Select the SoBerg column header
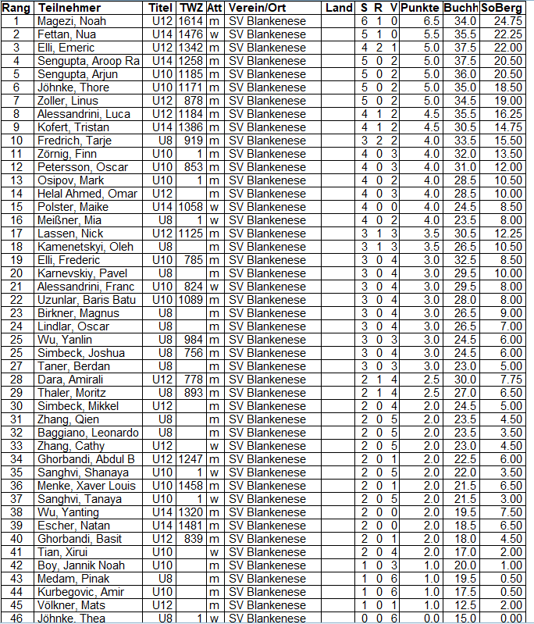point(502,7)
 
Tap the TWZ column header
point(191,7)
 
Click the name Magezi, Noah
point(72,20)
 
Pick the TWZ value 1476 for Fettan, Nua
point(190,34)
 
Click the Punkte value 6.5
point(431,20)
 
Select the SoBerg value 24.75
point(507,20)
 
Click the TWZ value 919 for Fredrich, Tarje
point(194,140)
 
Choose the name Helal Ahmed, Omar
point(81,193)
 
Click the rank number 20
point(16,273)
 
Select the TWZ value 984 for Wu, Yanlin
point(194,339)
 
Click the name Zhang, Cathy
point(70,445)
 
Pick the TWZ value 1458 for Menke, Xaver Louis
point(190,485)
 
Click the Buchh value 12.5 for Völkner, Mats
point(465,604)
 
